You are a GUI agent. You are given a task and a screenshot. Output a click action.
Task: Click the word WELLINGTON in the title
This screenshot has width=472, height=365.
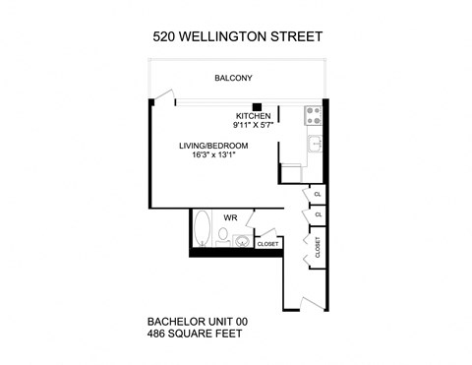229,37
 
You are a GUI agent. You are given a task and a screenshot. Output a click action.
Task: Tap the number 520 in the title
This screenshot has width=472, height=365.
166,37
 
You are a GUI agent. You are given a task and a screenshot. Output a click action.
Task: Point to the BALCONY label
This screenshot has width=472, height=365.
234,78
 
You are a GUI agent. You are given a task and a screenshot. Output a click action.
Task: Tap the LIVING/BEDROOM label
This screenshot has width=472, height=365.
213,147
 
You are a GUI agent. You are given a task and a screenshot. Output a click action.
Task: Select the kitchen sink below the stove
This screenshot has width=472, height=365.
315,145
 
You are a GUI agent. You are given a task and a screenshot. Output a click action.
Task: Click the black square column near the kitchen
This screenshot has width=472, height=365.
256,106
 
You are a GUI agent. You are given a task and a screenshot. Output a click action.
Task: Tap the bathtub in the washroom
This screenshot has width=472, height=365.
203,228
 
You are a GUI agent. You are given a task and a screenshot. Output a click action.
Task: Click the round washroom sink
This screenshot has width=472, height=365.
241,238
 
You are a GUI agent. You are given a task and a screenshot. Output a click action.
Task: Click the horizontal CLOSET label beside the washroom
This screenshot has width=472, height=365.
267,243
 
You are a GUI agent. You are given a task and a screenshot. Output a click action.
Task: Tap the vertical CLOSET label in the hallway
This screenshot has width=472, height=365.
318,246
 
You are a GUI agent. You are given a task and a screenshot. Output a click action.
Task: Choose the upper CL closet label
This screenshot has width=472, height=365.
317,195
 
